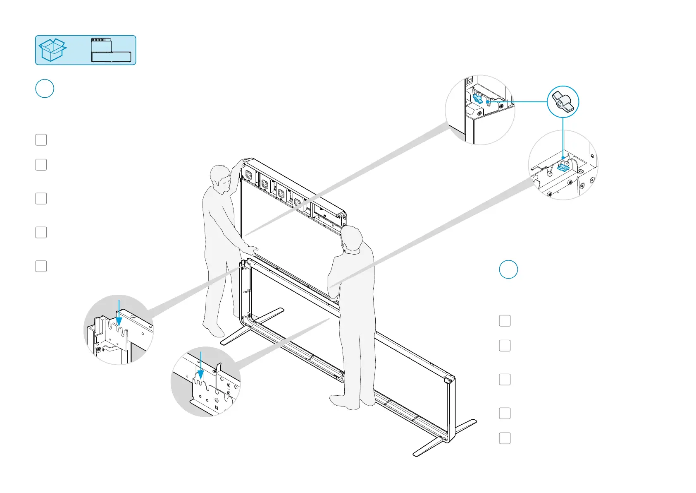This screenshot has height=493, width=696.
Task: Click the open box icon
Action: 52,50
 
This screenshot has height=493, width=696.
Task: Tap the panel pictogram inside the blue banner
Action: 111,50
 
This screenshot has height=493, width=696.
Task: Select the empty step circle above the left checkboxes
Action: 45,89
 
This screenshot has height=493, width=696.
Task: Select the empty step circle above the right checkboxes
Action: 508,269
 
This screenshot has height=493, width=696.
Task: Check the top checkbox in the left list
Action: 41,140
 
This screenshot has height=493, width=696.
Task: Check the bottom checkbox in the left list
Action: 41,266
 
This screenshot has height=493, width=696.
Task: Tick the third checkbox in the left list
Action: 41,199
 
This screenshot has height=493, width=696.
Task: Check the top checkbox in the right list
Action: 505,321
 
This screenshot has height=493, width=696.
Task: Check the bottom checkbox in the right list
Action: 505,438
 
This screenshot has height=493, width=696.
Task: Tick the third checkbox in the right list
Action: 505,380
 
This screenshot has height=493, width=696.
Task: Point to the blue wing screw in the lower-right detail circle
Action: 563,166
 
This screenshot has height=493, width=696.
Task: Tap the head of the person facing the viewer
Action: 221,178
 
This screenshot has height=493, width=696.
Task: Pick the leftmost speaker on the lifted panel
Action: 248,175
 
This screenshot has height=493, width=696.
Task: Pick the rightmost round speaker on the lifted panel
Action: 298,202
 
